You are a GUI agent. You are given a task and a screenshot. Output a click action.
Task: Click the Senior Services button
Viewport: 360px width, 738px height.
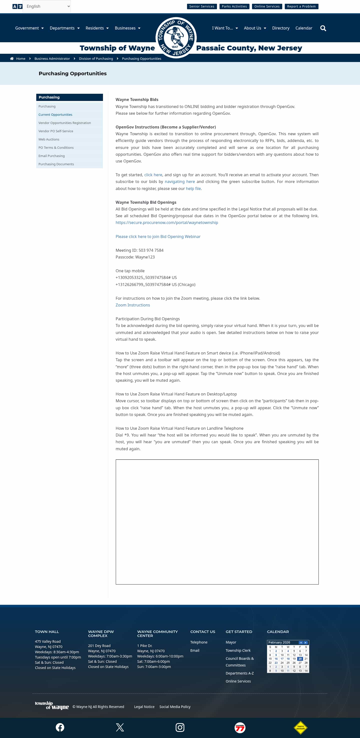201,6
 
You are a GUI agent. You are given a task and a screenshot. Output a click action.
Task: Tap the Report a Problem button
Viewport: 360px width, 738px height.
301,6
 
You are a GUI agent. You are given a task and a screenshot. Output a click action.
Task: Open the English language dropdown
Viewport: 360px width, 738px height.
47,6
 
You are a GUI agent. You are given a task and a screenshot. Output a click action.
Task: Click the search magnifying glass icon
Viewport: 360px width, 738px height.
323,28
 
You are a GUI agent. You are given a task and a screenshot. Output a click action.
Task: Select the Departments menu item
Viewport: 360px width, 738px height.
64,28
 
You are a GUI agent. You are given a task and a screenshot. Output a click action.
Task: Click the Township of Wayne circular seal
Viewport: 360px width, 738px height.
176,37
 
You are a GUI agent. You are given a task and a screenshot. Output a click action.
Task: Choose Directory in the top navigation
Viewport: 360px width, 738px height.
280,28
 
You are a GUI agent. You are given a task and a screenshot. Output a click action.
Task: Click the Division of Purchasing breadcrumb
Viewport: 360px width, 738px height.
96,59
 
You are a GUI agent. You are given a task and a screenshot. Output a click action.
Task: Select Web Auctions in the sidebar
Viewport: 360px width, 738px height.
49,139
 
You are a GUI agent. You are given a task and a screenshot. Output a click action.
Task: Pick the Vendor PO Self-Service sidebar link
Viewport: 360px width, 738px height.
55,131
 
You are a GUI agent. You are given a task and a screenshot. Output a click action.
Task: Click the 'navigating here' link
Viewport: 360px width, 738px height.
179,182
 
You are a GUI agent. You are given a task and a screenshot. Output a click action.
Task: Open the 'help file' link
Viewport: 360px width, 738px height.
193,188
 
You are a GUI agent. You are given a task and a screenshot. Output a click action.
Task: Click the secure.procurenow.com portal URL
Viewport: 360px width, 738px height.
167,222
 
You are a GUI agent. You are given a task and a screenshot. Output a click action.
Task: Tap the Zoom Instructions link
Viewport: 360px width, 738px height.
132,305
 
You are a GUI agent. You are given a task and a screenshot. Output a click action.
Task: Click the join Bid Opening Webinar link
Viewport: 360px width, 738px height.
158,237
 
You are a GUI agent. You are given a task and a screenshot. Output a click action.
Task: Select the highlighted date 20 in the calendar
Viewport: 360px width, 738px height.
300,659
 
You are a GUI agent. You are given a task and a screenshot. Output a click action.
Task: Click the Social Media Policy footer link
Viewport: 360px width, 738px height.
175,707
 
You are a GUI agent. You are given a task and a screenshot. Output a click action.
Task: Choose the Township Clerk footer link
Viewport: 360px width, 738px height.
238,650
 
